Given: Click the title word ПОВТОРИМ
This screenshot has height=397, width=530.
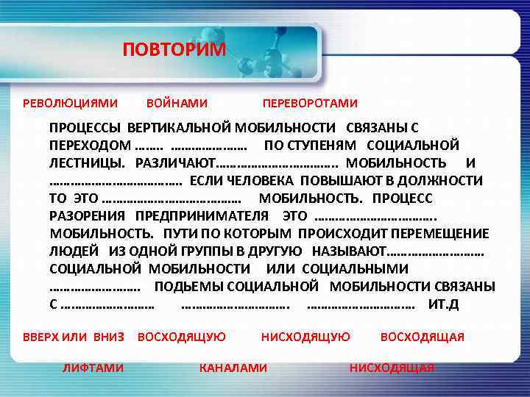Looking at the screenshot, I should [174, 50].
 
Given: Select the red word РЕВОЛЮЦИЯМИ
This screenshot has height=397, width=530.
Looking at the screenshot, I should [70, 103].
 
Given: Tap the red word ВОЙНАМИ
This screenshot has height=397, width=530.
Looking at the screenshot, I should [177, 103].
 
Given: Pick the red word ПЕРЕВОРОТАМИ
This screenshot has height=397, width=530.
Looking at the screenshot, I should [310, 103].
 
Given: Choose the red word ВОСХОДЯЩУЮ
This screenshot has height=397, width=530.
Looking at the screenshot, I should [182, 337].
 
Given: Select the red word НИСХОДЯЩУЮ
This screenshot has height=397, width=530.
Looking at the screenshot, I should [305, 337].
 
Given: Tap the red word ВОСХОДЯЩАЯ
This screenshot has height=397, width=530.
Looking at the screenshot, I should [422, 337].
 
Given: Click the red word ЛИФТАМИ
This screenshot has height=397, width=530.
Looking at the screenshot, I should [93, 368].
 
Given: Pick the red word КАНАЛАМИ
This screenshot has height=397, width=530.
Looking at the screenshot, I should [233, 368].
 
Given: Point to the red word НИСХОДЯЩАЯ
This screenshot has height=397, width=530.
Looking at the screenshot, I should [392, 368].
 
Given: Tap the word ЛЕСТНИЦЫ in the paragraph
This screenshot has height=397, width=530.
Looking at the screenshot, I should [85, 162].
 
